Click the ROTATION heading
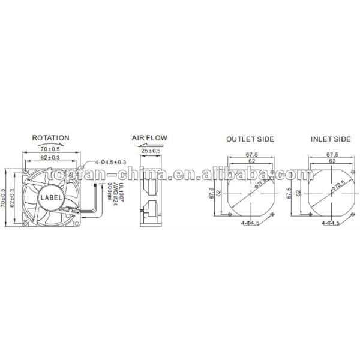(x=50, y=138)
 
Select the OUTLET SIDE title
(x=250, y=139)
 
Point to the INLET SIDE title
(x=331, y=139)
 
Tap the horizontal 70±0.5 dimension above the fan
(x=50, y=149)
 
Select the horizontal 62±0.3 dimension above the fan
(x=50, y=158)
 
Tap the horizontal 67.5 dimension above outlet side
(x=250, y=154)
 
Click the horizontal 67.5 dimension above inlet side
(x=331, y=154)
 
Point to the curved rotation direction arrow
(x=50, y=145)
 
